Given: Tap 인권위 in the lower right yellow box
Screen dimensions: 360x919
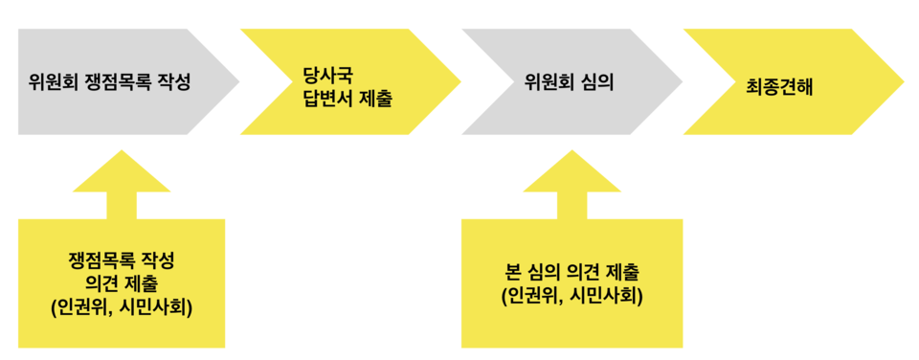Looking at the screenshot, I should pos(530,296).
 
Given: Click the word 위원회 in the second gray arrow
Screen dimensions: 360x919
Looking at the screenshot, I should pos(548,82).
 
